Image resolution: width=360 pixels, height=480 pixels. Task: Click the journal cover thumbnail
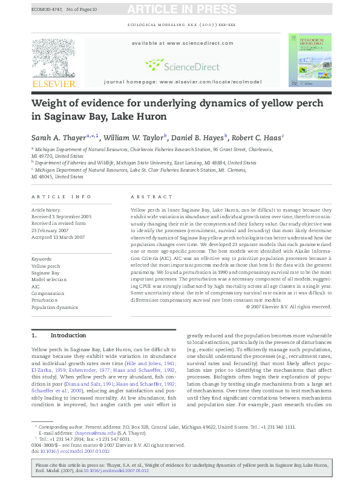click(309, 60)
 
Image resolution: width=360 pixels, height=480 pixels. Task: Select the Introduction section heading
click(68, 335)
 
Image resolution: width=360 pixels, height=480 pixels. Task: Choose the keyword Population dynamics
click(54, 307)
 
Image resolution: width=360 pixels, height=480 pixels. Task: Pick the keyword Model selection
click(50, 280)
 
